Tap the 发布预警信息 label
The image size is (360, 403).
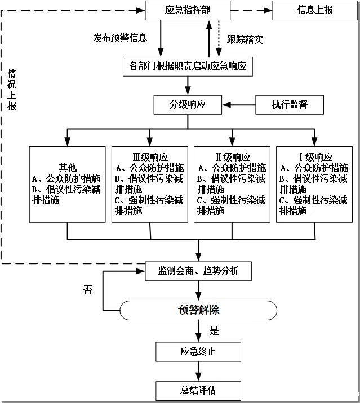point(121,38)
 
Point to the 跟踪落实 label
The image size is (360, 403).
point(245,39)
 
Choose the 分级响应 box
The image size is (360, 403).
point(188,104)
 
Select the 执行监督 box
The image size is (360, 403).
point(290,104)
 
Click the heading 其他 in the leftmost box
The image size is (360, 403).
point(68,167)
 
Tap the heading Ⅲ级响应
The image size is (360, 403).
point(149,157)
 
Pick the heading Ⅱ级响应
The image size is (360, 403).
point(232,157)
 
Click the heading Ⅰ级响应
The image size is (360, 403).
point(314,157)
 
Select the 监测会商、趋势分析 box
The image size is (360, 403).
point(198,271)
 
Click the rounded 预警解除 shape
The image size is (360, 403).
point(198,310)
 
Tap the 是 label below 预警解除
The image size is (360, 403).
point(214,330)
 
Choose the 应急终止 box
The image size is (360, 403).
point(198,352)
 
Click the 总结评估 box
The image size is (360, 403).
point(198,389)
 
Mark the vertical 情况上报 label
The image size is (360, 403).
point(12,90)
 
